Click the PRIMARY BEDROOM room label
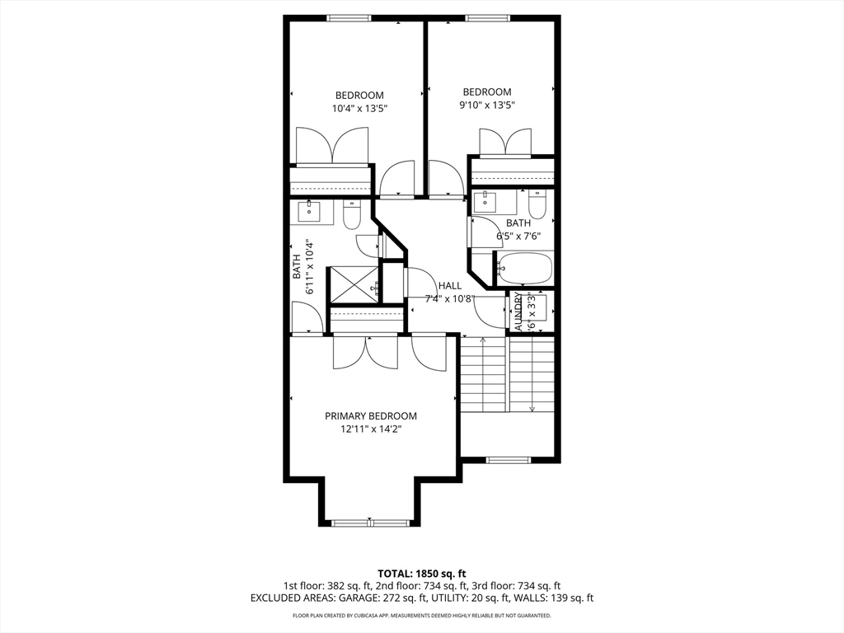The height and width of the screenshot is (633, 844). coord(370,416)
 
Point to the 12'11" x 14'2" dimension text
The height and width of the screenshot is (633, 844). coord(370,429)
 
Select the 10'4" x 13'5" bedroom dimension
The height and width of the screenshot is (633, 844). coord(359,108)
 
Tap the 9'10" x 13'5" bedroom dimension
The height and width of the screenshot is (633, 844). coord(486,105)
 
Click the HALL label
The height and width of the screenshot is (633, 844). coord(450,285)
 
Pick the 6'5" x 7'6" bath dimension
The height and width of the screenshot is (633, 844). coord(518,236)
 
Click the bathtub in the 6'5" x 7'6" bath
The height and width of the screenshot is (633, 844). coord(525,268)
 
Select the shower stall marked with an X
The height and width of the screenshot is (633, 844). coord(354,284)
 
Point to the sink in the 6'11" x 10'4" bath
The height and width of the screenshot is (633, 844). coord(312,210)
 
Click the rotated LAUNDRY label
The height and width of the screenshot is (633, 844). coord(518,311)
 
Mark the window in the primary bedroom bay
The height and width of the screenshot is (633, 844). coord(370,523)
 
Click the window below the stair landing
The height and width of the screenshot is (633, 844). coord(506,460)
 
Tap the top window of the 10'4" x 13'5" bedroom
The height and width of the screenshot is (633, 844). coord(349,17)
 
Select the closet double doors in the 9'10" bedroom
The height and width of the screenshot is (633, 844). coord(505,142)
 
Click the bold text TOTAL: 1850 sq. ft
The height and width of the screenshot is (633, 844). coord(422,573)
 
